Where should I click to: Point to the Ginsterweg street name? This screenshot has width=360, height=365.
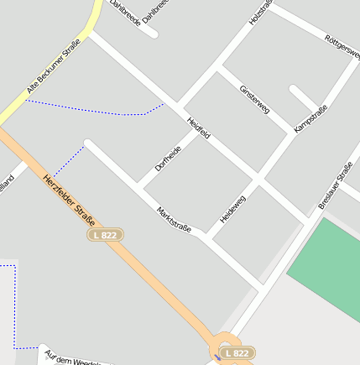click(253, 100)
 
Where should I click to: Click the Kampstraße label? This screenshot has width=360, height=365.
click(310, 117)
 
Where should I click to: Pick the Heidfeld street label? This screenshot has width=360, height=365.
click(199, 128)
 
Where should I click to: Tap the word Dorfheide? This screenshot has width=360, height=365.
click(168, 159)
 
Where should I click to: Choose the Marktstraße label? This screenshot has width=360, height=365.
click(175, 219)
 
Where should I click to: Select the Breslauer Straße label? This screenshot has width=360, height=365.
click(335, 186)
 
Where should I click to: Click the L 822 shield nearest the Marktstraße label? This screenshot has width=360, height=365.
click(106, 236)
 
